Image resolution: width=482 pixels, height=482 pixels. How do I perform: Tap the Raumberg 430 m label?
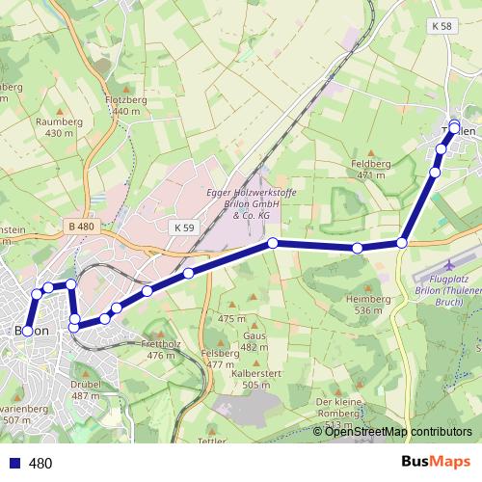tap(54, 127)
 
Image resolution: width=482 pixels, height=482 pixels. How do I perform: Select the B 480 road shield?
tap(83, 227)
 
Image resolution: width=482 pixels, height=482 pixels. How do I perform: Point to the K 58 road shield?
tap(442, 25)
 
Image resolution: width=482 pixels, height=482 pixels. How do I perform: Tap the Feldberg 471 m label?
tap(371, 170)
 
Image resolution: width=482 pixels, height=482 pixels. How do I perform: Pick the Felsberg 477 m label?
tap(221, 359)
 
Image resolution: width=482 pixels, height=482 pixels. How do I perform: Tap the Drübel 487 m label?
tap(86, 389)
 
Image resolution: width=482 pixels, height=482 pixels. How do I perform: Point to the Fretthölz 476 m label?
tap(159, 350)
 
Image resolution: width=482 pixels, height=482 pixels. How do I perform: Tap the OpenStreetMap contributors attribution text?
tap(398, 432)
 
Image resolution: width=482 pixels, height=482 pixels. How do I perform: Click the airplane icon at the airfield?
tap(452, 263)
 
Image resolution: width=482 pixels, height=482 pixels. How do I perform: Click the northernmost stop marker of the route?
tap(454, 127)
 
